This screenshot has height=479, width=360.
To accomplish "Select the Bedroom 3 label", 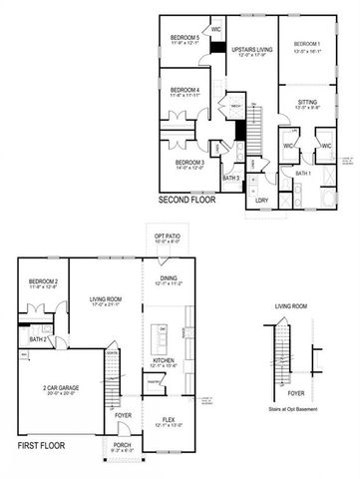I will point(189,162).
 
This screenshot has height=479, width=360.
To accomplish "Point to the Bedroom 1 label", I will point(306,44).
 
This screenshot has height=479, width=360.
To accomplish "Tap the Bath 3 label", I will point(231,178).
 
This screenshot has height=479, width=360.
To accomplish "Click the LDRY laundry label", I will point(261,201).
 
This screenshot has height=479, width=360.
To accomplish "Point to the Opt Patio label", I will point(166,236).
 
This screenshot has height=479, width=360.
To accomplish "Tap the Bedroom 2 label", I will point(43,282).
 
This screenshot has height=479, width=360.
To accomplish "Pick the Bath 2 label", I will point(38,339).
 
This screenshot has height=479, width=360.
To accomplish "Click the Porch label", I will point(123,445).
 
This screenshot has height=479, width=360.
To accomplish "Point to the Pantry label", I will point(156,380).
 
